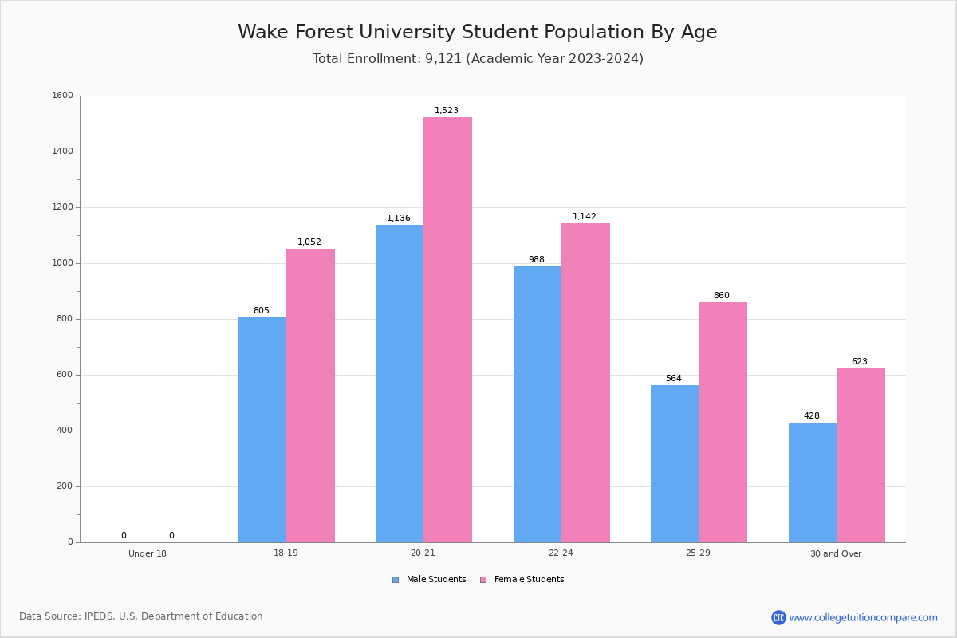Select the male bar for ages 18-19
point(262,430)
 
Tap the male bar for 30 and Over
point(813,482)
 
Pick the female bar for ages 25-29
point(723,422)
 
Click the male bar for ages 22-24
point(538,404)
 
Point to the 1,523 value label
point(447,111)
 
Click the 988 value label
point(537,260)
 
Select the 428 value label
point(812,416)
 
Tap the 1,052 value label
point(309,242)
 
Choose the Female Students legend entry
point(522,580)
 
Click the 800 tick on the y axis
point(65,319)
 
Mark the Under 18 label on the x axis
point(148,553)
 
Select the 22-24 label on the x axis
point(561,553)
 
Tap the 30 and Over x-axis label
point(836,553)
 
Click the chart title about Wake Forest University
point(478,33)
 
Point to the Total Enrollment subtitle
point(478,59)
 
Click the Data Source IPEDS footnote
point(141,616)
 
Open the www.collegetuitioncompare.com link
point(863,617)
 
